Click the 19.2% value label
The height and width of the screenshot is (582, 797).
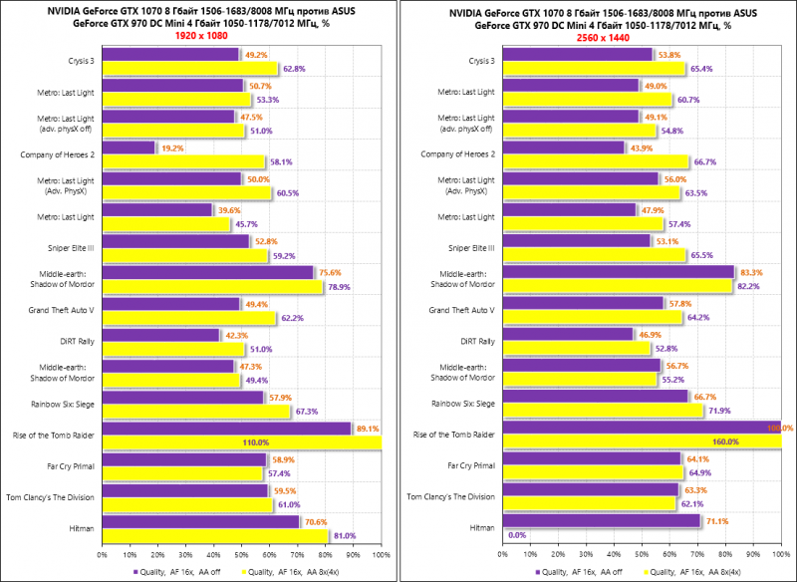(173, 147)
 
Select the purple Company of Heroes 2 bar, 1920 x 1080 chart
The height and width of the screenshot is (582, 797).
(129, 147)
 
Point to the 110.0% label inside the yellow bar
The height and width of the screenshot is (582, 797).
(228, 441)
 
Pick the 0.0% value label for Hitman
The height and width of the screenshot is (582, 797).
(517, 535)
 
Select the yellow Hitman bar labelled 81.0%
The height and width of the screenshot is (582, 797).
(214, 535)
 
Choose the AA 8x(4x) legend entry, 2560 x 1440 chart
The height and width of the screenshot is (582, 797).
(700, 571)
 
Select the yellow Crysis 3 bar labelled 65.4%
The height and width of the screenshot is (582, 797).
(594, 69)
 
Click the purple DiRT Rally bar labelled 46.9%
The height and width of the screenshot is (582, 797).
(567, 335)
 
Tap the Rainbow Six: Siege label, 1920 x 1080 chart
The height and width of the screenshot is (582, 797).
(63, 404)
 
